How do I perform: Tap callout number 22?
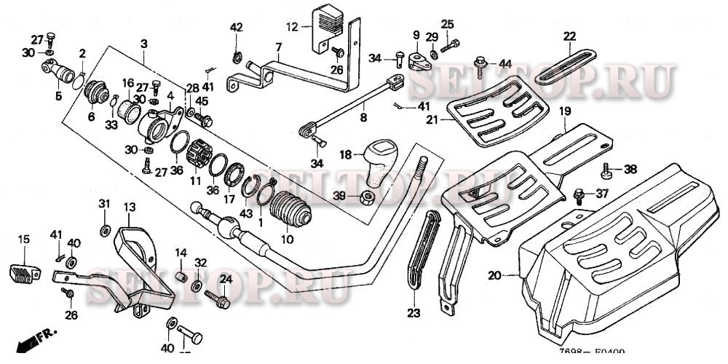tap(569, 36)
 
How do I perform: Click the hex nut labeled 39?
tap(369, 197)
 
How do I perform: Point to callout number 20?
tap(495, 275)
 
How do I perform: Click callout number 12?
tap(292, 28)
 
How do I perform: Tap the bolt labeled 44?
tap(481, 66)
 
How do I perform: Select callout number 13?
tap(129, 207)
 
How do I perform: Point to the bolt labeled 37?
tap(580, 194)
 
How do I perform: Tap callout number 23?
tap(414, 313)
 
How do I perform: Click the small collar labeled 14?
tap(181, 278)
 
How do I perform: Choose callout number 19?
tap(563, 111)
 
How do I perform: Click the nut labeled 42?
tap(237, 57)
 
